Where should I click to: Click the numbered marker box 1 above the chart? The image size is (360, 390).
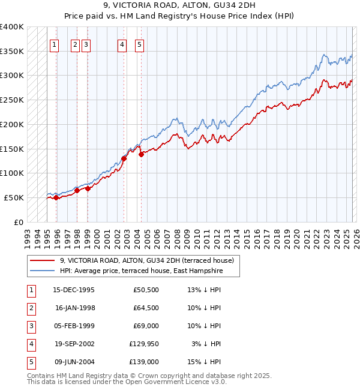point(54,44)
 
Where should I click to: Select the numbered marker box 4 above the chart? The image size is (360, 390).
point(122,44)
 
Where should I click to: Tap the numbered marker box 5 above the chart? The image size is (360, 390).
point(139,44)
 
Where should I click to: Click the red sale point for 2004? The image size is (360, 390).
point(142,154)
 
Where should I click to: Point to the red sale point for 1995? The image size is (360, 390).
point(56,197)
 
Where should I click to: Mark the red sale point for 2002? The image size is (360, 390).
point(124,158)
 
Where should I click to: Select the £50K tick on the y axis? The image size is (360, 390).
point(14,197)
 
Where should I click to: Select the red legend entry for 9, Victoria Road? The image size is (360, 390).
point(150,260)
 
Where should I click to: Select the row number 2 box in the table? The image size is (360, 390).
point(30,308)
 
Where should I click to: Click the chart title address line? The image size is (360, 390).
point(180,7)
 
